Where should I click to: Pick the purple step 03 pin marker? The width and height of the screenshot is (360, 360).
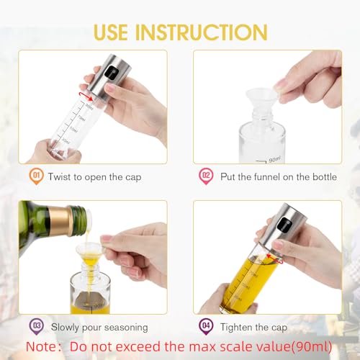click(x=36, y=326)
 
